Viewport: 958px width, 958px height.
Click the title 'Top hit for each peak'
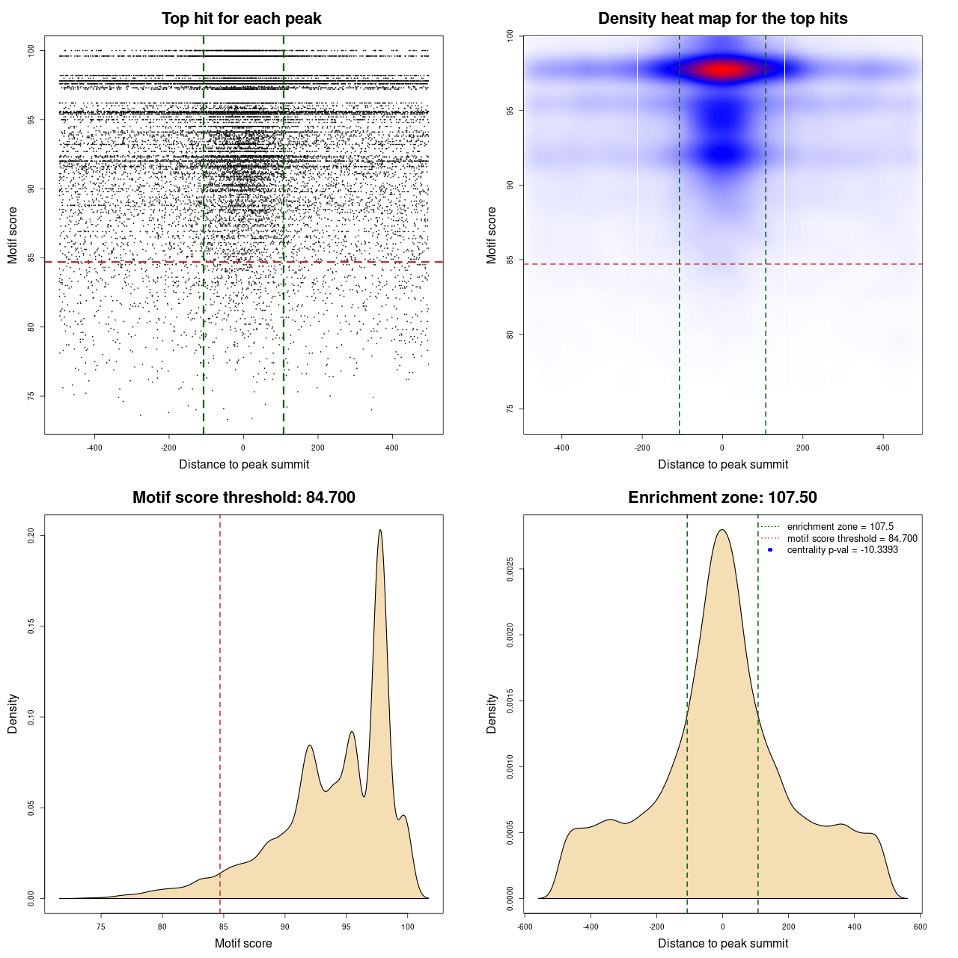(241, 19)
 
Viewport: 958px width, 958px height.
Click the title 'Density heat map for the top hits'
(722, 19)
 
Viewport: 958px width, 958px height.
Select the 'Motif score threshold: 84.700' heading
(243, 498)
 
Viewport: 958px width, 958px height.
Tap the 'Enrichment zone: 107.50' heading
(722, 498)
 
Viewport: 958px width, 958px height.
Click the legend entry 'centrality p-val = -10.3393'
(842, 550)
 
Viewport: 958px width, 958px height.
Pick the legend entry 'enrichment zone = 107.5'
(840, 527)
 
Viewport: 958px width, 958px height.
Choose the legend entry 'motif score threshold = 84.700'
(852, 539)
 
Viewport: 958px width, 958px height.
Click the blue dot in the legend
(770, 550)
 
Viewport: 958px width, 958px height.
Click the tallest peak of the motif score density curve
(380, 531)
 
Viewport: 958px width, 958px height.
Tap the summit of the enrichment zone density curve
(722, 530)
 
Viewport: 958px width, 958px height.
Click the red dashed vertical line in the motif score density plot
(220, 711)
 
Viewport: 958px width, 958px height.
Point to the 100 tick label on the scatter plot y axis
(31, 50)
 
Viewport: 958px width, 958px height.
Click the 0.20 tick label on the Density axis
(31, 535)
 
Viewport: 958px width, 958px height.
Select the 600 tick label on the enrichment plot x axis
(920, 927)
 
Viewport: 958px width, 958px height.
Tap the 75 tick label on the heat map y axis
(510, 409)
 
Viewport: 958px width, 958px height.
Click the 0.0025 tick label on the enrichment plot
(510, 569)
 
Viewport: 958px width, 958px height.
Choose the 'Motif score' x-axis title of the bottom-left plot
(243, 943)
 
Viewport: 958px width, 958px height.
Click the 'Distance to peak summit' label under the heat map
(722, 464)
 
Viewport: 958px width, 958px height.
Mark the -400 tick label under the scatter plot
(94, 448)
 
